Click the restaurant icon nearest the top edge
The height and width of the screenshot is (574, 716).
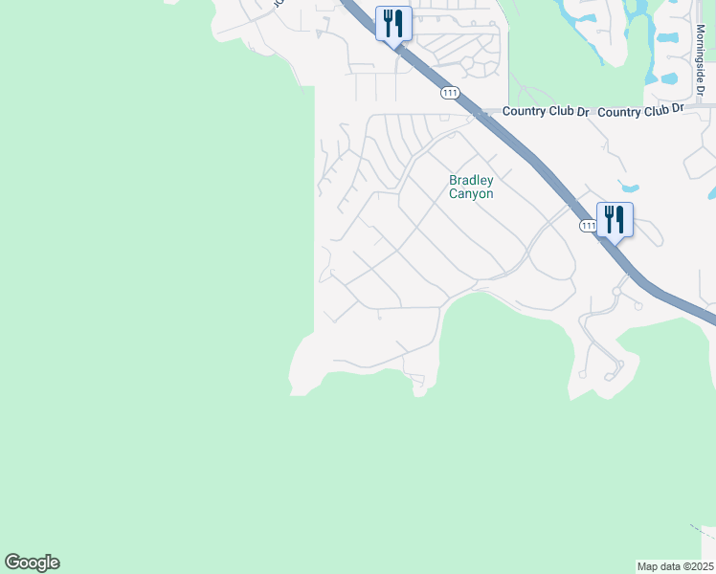pyautogui.click(x=392, y=22)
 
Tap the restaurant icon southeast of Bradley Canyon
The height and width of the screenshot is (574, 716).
pyautogui.click(x=614, y=219)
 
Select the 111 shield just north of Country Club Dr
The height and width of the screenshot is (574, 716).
pyautogui.click(x=450, y=93)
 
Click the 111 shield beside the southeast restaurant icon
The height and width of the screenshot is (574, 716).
pyautogui.click(x=587, y=226)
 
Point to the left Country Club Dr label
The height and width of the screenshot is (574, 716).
pyautogui.click(x=546, y=111)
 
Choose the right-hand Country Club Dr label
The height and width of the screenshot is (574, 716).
pyautogui.click(x=640, y=111)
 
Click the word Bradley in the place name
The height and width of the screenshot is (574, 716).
pyautogui.click(x=471, y=181)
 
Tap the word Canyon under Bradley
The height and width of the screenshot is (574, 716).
pyautogui.click(x=471, y=193)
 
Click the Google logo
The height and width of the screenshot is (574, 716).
pyautogui.click(x=32, y=563)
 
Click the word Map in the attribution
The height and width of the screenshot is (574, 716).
pyautogui.click(x=648, y=566)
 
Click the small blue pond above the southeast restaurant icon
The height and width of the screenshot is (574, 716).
pyautogui.click(x=628, y=187)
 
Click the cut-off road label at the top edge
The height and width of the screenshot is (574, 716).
pyautogui.click(x=279, y=4)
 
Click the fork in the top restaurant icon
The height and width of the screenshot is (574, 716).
pyautogui.click(x=386, y=21)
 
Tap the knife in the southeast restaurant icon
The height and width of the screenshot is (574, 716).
pyautogui.click(x=620, y=219)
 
